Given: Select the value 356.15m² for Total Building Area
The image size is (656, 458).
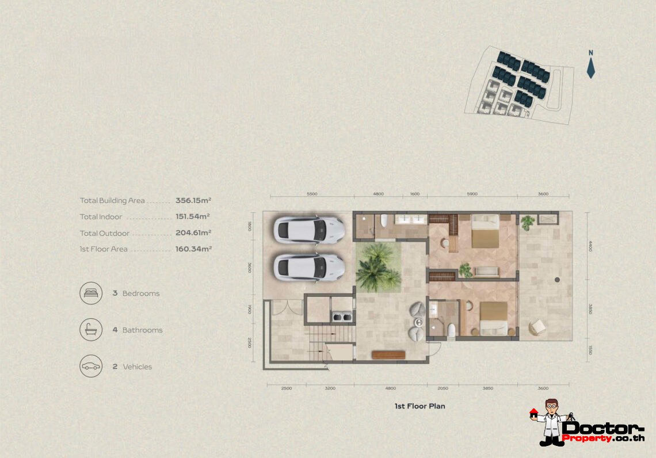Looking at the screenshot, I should point(193,201).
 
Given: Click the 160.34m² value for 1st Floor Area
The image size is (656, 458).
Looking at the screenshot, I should point(193,249).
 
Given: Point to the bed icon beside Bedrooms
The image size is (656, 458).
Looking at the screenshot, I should point(91,293).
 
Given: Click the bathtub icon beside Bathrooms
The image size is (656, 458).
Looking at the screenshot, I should point(91,330).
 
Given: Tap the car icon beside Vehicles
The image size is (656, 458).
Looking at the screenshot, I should point(91,367).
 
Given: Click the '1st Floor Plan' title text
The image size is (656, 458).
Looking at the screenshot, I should point(419,406).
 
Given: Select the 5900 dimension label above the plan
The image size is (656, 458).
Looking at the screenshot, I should point(472,194).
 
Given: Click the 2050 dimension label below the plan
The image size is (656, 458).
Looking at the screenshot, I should point(443,388).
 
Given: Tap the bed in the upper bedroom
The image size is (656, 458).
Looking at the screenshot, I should point(485,231).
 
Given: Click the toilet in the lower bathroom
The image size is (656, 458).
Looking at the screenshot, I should point(451,330).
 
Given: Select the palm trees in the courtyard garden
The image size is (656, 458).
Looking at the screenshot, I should point(377,268).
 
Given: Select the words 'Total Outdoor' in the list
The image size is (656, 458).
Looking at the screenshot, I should point(105,233).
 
